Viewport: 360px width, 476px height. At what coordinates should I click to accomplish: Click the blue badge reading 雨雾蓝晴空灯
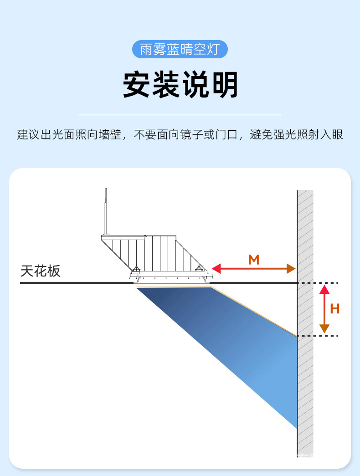(180, 49)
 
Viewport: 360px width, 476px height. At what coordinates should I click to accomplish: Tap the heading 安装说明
(180, 85)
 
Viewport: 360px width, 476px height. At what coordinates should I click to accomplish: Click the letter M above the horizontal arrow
(254, 260)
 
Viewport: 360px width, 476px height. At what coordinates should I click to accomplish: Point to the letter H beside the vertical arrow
(335, 309)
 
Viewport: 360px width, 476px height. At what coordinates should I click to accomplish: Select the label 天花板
(41, 271)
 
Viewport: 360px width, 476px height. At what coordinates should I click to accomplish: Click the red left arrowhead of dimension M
(216, 268)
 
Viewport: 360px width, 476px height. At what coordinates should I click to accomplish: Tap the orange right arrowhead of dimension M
(291, 268)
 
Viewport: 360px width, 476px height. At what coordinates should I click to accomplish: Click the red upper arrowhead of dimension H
(324, 289)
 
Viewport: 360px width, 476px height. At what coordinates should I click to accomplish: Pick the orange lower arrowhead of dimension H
(324, 328)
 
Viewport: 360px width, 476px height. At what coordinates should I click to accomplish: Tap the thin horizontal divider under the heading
(180, 115)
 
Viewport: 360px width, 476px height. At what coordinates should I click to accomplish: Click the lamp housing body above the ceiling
(159, 255)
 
